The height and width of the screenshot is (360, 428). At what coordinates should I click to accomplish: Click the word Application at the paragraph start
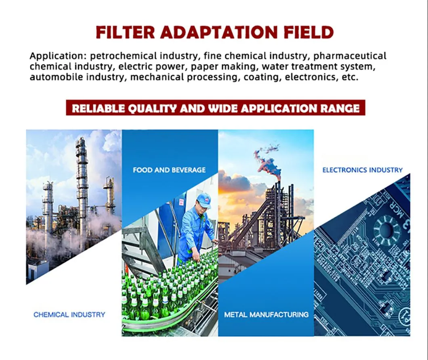click(57, 56)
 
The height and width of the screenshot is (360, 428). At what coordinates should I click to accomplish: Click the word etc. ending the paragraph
click(349, 77)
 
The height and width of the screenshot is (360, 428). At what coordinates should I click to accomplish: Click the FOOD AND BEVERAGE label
click(169, 170)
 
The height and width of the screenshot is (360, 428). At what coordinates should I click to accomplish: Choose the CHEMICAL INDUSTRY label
click(69, 314)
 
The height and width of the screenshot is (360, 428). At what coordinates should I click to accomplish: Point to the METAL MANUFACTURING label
click(266, 314)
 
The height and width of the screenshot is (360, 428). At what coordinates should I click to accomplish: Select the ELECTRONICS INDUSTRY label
click(362, 170)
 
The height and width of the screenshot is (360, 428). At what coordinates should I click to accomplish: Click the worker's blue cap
click(204, 199)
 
